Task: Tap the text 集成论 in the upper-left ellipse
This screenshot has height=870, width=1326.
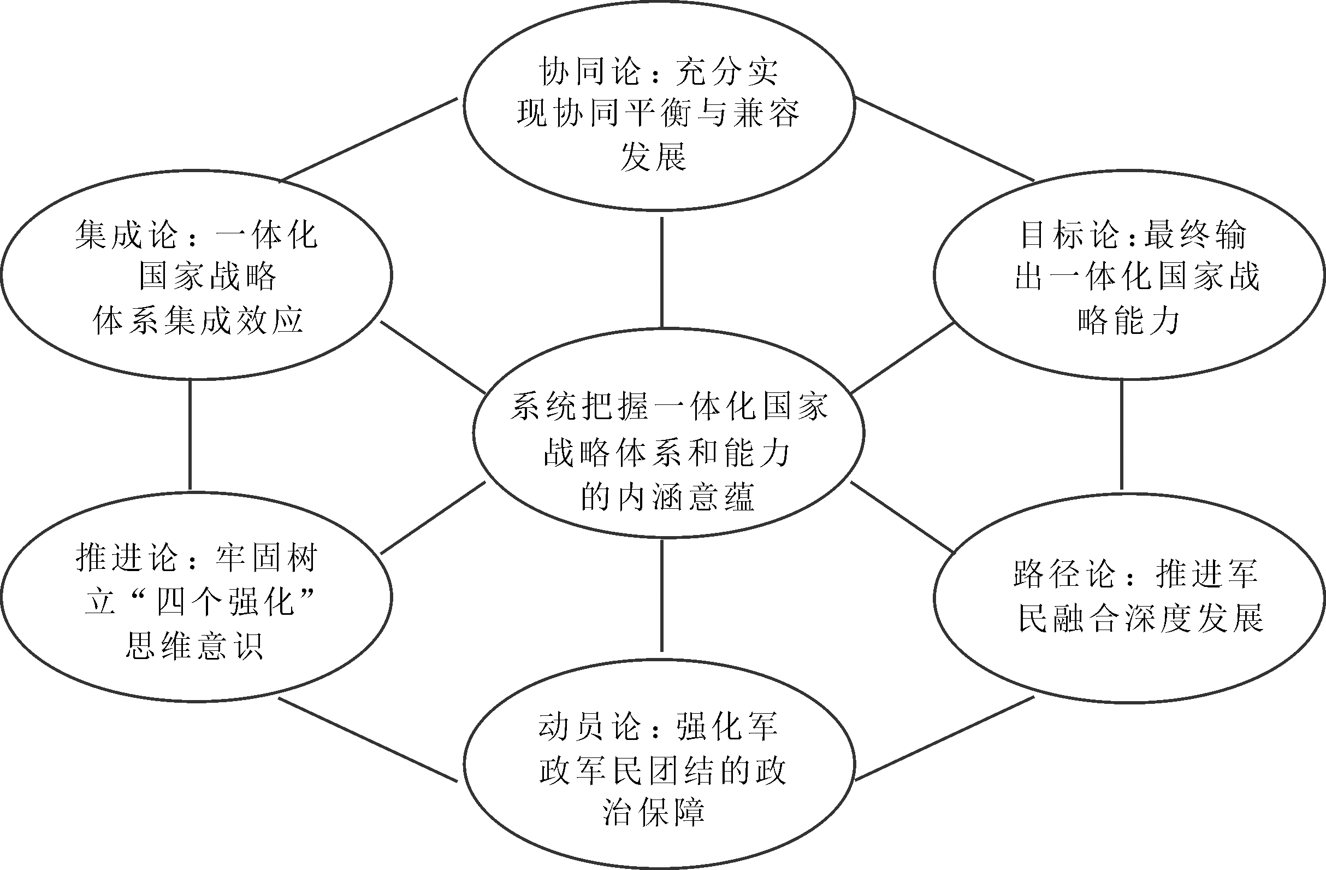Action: pos(127,234)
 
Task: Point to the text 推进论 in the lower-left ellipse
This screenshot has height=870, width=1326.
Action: pos(127,557)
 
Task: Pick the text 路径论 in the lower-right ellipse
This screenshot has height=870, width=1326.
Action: pos(1064,573)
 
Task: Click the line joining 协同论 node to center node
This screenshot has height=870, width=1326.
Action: pos(662,272)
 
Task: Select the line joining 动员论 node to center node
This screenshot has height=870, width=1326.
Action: pos(662,595)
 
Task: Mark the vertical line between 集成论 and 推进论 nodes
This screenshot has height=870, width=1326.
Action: pos(190,434)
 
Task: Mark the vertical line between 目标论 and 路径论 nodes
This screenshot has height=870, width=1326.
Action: pos(1122,434)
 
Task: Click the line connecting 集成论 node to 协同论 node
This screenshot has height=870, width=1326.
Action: pos(368,140)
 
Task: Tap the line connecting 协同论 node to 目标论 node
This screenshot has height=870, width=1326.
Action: pos(945,139)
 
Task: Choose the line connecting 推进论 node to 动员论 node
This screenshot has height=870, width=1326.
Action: pos(368,739)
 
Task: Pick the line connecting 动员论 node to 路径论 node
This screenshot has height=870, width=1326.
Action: pos(945,738)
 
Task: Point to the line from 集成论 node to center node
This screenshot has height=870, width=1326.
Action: pos(433,357)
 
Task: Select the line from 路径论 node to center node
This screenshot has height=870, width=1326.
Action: pos(903,516)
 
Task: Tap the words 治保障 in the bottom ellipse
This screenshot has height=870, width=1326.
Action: pos(653,813)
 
